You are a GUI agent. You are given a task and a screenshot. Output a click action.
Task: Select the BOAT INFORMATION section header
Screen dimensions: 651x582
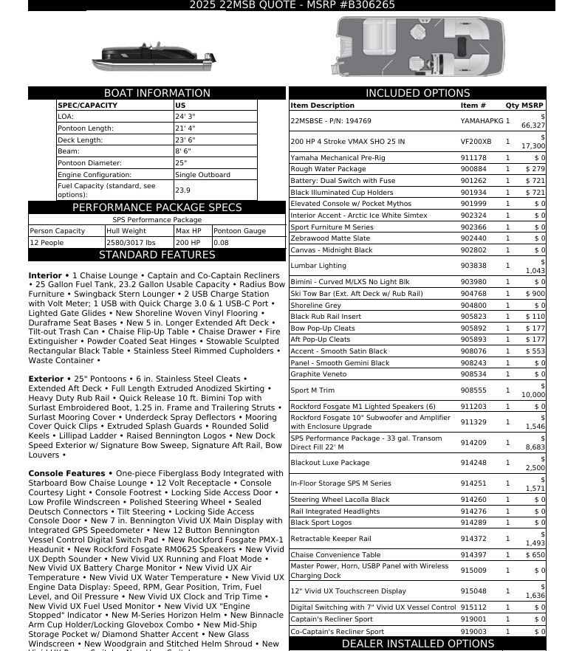pyautogui.click(x=157, y=93)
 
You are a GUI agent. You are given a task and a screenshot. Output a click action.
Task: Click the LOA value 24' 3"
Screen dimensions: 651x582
pyautogui.click(x=185, y=117)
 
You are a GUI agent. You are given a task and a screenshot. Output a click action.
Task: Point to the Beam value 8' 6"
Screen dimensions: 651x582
pyautogui.click(x=183, y=151)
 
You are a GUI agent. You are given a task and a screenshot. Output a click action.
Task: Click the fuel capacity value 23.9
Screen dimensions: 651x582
pyautogui.click(x=182, y=190)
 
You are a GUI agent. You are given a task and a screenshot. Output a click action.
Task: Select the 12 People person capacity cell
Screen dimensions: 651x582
pyautogui.click(x=47, y=243)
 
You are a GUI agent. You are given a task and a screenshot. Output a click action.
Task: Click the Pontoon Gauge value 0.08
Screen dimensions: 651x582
pyautogui.click(x=221, y=243)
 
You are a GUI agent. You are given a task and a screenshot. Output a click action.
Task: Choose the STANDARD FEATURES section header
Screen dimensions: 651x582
pyautogui.click(x=157, y=255)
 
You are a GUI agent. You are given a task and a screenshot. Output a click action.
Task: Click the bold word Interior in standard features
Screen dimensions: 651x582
pyautogui.click(x=45, y=275)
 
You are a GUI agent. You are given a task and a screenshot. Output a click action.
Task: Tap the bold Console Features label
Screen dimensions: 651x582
pyautogui.click(x=66, y=473)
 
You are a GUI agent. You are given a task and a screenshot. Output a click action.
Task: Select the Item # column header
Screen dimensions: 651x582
pyautogui.click(x=473, y=106)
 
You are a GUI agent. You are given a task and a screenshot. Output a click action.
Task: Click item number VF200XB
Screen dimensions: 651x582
pyautogui.click(x=476, y=142)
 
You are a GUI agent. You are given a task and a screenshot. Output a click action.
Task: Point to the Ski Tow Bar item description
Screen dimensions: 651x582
pyautogui.click(x=357, y=294)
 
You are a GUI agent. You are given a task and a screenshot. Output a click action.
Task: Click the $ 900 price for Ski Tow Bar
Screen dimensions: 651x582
pyautogui.click(x=535, y=294)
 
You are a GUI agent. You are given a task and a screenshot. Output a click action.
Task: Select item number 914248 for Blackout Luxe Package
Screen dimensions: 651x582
pyautogui.click(x=473, y=463)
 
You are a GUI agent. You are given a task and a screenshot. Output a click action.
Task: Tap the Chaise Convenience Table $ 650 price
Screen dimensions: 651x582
pyautogui.click(x=535, y=555)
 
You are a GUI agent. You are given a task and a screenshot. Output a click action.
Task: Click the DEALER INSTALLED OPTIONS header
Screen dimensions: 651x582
pyautogui.click(x=417, y=644)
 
